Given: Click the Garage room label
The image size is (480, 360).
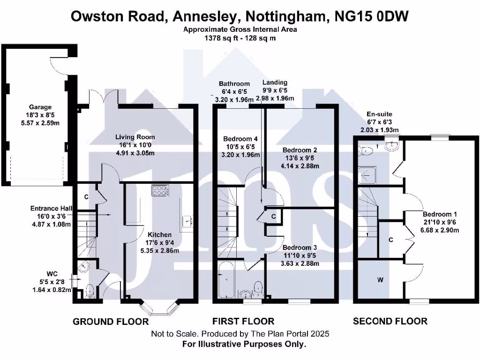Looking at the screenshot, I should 39,107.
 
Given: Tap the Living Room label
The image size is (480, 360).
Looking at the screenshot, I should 135,137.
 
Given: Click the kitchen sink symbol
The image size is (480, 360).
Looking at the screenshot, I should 187,219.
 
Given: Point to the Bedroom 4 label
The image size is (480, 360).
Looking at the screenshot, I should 240,139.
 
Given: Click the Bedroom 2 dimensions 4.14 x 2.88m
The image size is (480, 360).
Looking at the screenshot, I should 300,166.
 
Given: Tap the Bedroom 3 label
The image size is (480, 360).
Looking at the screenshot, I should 300,247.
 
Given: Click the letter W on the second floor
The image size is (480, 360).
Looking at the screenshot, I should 380,280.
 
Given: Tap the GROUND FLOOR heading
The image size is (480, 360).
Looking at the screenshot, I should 111,322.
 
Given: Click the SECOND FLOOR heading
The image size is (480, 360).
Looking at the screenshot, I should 390,321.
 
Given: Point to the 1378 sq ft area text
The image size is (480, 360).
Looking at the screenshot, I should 221,38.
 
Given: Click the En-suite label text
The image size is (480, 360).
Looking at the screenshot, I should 380,114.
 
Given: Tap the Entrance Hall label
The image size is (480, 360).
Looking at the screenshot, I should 51,209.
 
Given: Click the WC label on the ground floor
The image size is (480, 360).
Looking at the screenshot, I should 52,274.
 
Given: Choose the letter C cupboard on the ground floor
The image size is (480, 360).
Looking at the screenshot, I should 86,197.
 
